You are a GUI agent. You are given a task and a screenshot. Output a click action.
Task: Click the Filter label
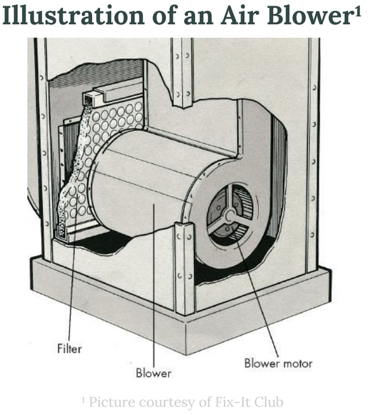(x=69, y=347)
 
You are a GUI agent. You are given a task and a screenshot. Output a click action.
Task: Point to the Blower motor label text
(x=278, y=363)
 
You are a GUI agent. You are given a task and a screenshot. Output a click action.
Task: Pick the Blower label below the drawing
(x=153, y=373)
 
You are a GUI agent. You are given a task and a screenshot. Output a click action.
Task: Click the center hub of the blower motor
(x=230, y=214)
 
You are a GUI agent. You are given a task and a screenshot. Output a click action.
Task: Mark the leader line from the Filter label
(x=72, y=289)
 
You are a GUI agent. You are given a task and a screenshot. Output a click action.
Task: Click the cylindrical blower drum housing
(x=147, y=180)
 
